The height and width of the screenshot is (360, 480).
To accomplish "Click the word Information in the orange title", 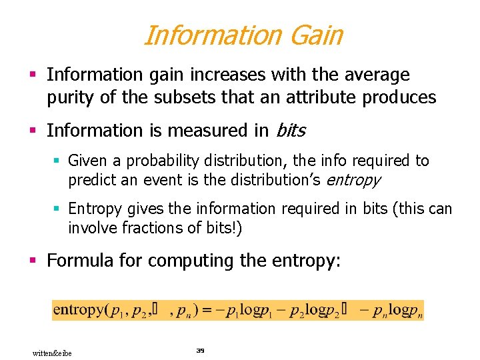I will pos(209,35).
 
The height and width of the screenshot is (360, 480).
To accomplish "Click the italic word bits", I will pos(290,130).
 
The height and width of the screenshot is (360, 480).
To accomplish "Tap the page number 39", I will pos(199,350).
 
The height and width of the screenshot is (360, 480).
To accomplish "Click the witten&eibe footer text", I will pos(52,353).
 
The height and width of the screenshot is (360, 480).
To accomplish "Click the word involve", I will pos(90,227).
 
